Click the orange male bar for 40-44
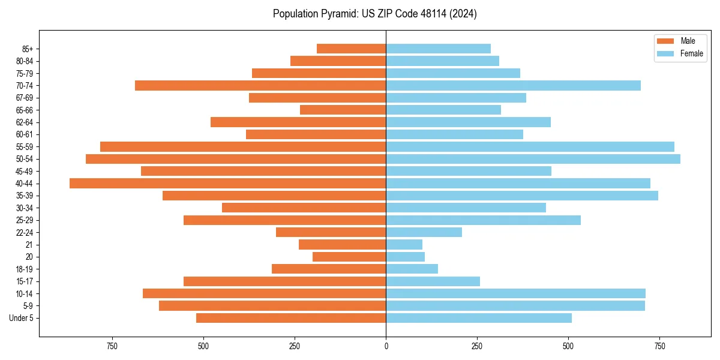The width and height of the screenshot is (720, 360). coord(227,183)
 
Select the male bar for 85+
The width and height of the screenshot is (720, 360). coord(351,49)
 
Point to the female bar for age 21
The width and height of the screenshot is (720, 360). coord(404,245)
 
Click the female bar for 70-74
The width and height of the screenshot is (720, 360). coord(513,85)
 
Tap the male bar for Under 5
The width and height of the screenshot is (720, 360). coord(291,318)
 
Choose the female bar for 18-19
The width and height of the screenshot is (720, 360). coord(412,269)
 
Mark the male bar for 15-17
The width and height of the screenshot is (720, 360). coord(284,281)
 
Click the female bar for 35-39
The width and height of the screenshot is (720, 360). coord(522,196)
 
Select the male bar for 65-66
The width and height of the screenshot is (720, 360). coord(343,110)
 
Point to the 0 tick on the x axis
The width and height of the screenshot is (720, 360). coord(386,346)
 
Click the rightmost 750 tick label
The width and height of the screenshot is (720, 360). coord(659,346)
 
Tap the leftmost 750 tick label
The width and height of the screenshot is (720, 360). coord(112,346)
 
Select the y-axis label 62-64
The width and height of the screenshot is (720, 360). coord(25,122)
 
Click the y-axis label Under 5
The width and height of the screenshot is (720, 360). coord(22,318)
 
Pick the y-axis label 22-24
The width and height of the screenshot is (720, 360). coord(25,233)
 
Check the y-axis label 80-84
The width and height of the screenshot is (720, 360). coord(25,61)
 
